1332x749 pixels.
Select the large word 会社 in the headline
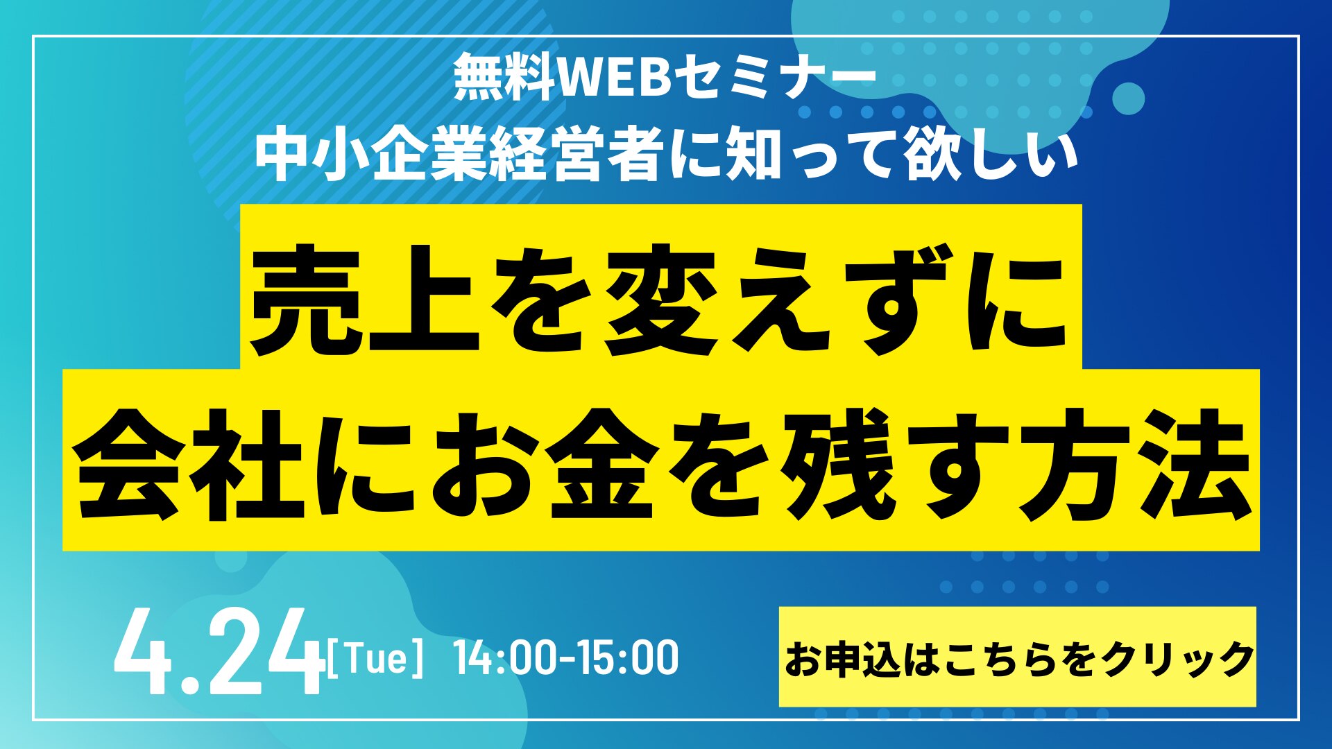(191, 463)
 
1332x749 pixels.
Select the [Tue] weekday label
(374, 659)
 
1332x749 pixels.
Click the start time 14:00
(506, 658)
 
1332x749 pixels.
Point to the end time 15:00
(627, 658)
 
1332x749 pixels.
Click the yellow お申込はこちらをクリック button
(1017, 657)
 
